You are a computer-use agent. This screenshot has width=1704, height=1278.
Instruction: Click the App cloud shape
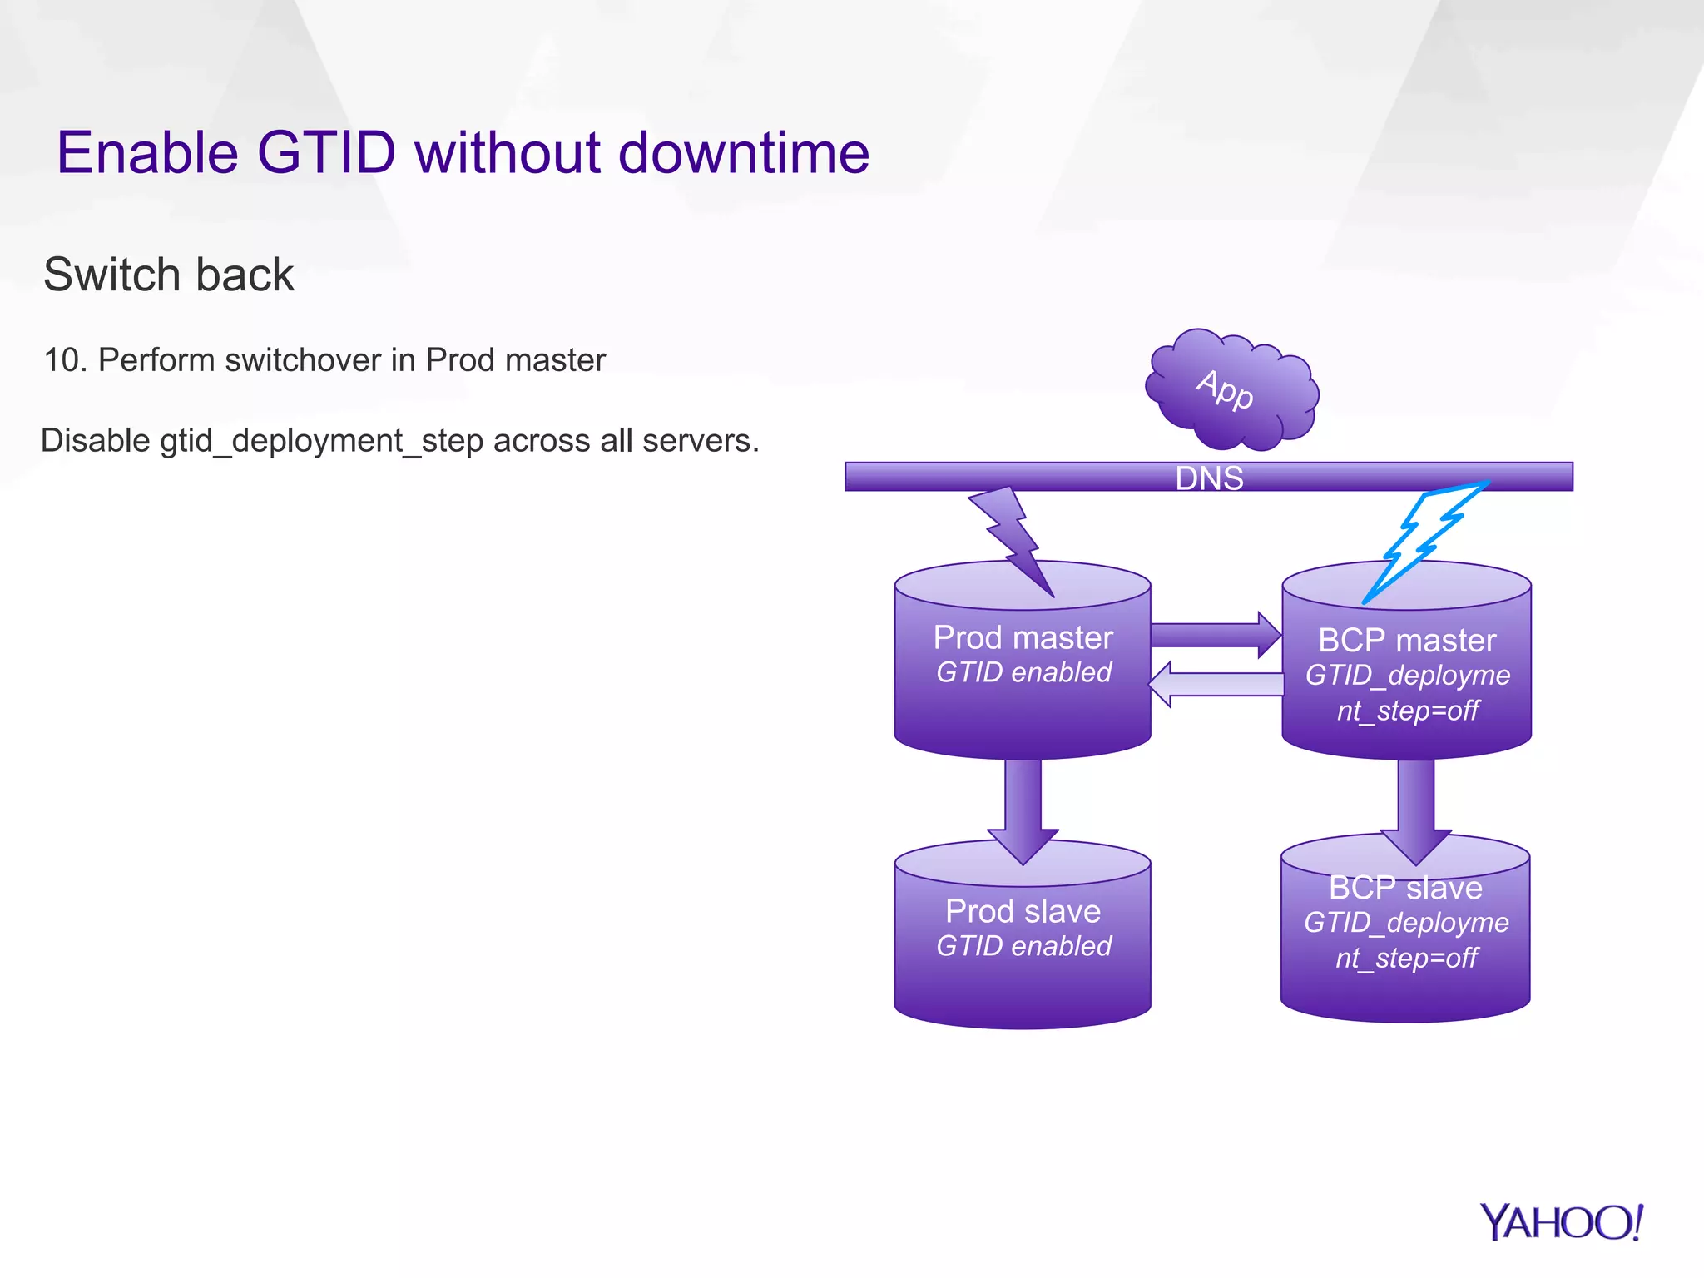tap(1231, 389)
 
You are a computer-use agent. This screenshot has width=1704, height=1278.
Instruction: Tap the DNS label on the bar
tap(1209, 478)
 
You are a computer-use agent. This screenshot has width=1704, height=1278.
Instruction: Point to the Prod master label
tap(1023, 637)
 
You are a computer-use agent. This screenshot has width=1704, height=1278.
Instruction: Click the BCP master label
tap(1407, 640)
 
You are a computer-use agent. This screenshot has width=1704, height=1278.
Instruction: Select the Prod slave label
tap(1023, 911)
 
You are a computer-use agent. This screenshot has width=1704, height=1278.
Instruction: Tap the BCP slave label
tap(1405, 888)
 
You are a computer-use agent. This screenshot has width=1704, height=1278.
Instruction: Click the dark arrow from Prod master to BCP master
tap(1215, 636)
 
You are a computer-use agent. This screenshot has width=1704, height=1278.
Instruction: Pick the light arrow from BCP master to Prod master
tap(1215, 684)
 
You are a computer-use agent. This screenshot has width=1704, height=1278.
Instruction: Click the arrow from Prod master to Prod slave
tap(1023, 807)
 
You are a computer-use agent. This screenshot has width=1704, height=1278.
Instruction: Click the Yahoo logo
tap(1561, 1223)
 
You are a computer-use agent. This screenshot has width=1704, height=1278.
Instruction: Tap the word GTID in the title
tap(326, 153)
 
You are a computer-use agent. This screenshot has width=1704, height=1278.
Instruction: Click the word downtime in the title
tap(744, 153)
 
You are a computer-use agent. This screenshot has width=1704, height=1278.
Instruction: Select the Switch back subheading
tap(169, 275)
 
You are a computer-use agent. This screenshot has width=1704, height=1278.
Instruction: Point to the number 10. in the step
tap(65, 360)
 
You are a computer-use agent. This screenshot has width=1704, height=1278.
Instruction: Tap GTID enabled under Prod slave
tap(1023, 946)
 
